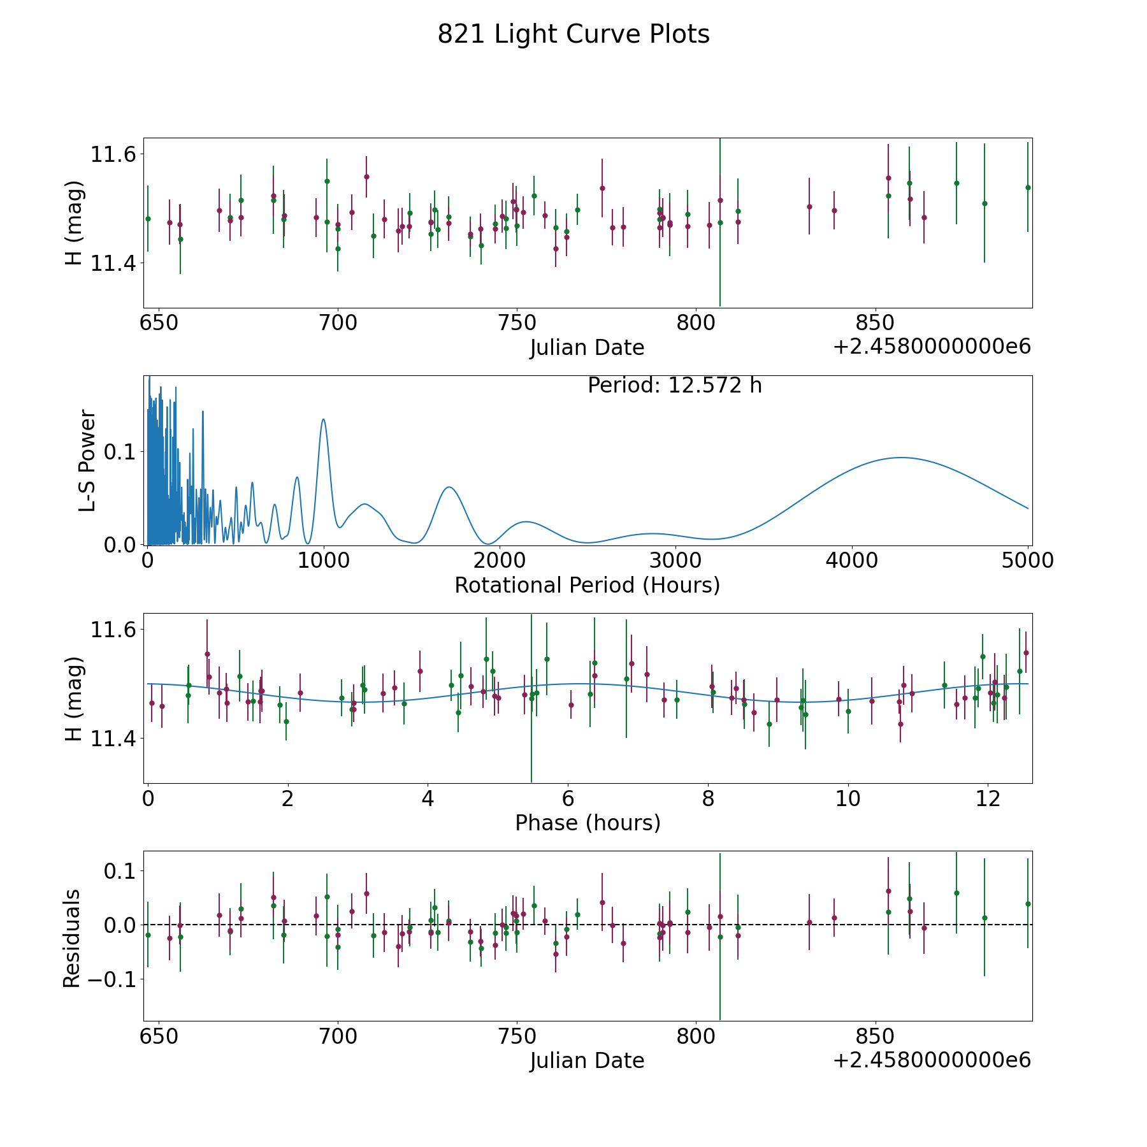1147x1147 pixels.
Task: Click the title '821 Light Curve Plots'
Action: [x=573, y=34]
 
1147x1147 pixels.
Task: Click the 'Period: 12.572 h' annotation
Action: [x=674, y=386]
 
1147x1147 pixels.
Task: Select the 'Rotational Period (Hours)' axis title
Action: [x=587, y=585]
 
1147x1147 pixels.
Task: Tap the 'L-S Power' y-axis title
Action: [x=87, y=460]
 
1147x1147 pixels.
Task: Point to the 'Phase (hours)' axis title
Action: [x=588, y=823]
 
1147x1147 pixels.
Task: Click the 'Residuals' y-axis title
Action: [x=72, y=939]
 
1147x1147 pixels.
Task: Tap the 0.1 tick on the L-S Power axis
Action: [x=120, y=452]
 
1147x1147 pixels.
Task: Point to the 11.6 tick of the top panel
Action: [x=112, y=154]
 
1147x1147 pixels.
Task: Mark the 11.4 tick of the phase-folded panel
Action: [x=112, y=739]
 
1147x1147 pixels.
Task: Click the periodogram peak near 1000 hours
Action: [x=324, y=419]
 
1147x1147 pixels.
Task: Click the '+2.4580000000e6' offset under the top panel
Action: [x=932, y=347]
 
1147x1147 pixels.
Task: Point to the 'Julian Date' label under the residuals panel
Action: [x=587, y=1060]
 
